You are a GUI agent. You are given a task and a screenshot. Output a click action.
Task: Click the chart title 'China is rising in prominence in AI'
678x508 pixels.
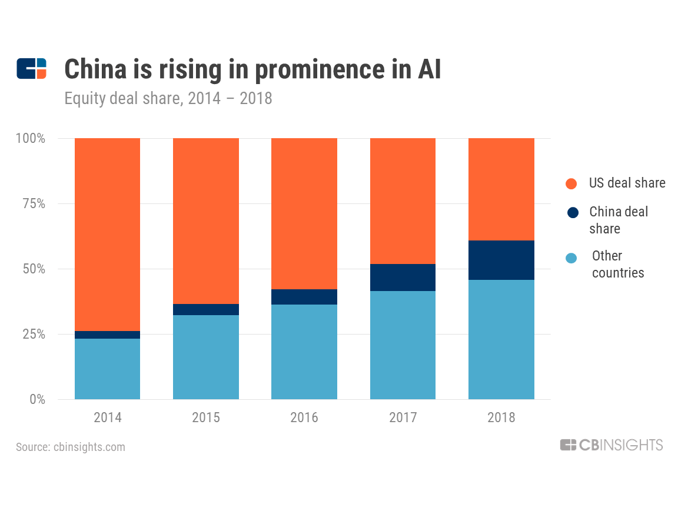coord(252,69)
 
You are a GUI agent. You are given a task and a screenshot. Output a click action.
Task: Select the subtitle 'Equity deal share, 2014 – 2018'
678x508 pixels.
coord(168,99)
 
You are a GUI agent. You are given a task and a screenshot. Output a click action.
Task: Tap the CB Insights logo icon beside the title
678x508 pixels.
coord(32,69)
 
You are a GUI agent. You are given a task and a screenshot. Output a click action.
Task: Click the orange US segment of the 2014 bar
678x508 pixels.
coord(107,235)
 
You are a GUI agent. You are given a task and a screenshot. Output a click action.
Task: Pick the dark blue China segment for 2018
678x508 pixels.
coord(501,260)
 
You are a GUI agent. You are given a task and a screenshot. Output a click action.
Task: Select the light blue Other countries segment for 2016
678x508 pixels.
coord(304,352)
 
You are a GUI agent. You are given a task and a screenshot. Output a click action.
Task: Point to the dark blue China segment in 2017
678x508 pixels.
coord(403,278)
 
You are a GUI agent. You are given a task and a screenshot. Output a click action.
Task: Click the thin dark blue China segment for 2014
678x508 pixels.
coord(107,335)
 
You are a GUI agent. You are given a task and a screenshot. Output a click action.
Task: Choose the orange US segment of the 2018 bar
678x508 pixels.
coord(501,189)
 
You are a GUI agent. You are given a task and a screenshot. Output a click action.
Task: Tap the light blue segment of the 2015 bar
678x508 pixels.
coord(206,357)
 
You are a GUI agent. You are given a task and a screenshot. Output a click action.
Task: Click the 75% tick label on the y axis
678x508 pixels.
coord(34,203)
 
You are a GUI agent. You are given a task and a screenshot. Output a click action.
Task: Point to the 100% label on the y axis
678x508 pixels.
coord(30,138)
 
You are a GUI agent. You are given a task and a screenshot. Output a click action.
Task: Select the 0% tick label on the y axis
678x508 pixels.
coord(37,399)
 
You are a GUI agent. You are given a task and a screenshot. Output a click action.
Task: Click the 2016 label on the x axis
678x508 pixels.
coord(304,417)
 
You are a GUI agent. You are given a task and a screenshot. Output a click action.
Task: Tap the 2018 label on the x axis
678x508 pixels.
coord(501,417)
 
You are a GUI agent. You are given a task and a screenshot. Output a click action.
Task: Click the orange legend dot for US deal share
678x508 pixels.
coord(571,183)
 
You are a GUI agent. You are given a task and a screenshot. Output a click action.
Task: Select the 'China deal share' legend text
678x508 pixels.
coord(619,220)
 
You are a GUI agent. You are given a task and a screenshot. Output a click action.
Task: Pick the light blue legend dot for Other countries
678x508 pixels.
coord(571,258)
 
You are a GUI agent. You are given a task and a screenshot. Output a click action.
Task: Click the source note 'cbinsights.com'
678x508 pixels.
coord(89,447)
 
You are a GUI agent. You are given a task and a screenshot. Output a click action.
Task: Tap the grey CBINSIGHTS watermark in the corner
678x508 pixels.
coord(611,445)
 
